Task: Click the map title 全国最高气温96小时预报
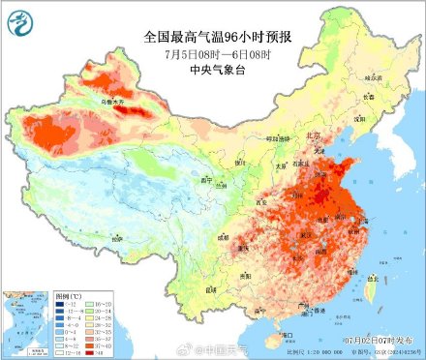[212, 36]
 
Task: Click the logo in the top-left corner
[19, 20]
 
